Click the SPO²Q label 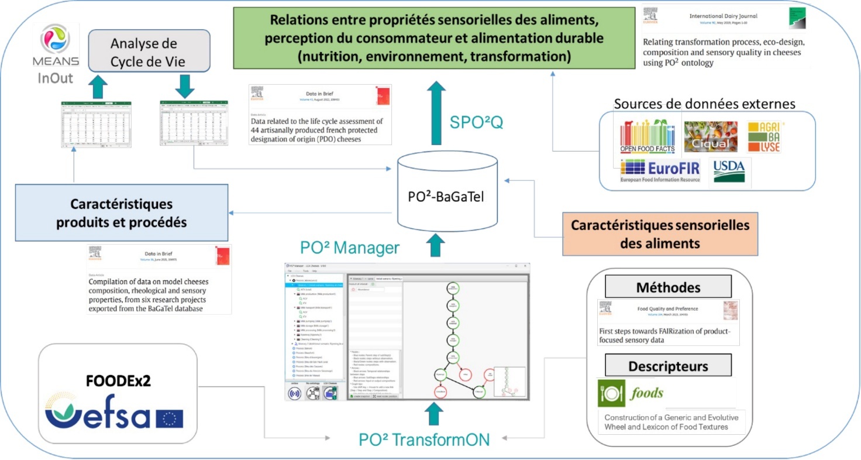477,122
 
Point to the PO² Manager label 350,248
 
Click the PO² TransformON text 424,440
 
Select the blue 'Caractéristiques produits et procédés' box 121,213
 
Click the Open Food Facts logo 648,137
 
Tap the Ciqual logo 711,137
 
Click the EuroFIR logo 660,172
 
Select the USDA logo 729,171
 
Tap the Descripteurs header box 668,366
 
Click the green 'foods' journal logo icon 611,393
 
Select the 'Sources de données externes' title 704,104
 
